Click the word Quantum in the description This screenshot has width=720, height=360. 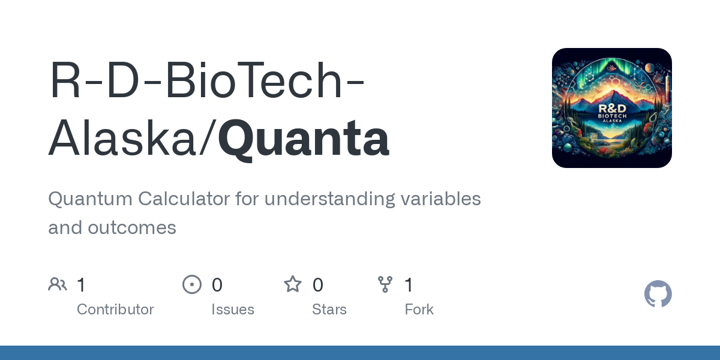(90, 199)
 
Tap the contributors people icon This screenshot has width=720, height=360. (58, 284)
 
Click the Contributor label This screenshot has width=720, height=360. (115, 310)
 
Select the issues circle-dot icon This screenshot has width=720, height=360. (192, 284)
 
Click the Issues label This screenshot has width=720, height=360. (233, 310)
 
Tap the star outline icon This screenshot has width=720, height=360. (293, 284)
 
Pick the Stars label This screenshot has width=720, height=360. (329, 310)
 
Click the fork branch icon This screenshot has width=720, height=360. (385, 284)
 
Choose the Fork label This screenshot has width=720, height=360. (419, 310)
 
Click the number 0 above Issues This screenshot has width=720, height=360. (217, 285)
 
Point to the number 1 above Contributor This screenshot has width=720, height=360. (82, 285)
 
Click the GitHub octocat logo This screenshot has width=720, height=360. (658, 294)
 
